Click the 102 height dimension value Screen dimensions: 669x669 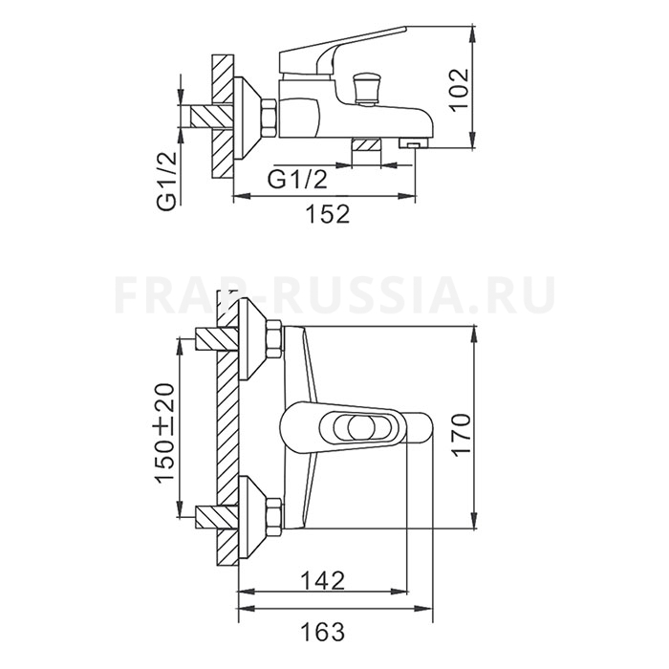click(460, 90)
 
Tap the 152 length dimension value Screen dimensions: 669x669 click(328, 214)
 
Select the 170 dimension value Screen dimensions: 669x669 click(461, 435)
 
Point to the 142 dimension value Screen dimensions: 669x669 click(322, 580)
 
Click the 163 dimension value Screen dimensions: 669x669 click(322, 632)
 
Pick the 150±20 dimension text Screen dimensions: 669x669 click(165, 433)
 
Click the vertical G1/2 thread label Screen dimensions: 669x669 click(166, 181)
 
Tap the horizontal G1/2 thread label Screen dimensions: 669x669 click(298, 180)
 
